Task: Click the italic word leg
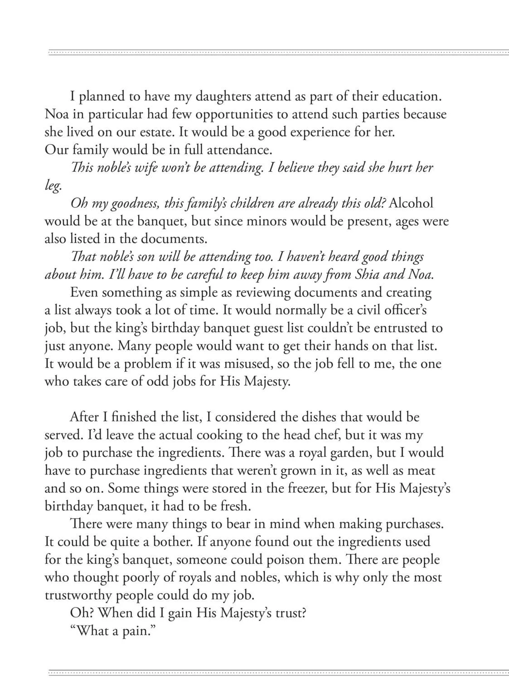[x=52, y=186]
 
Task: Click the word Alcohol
[x=411, y=204]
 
